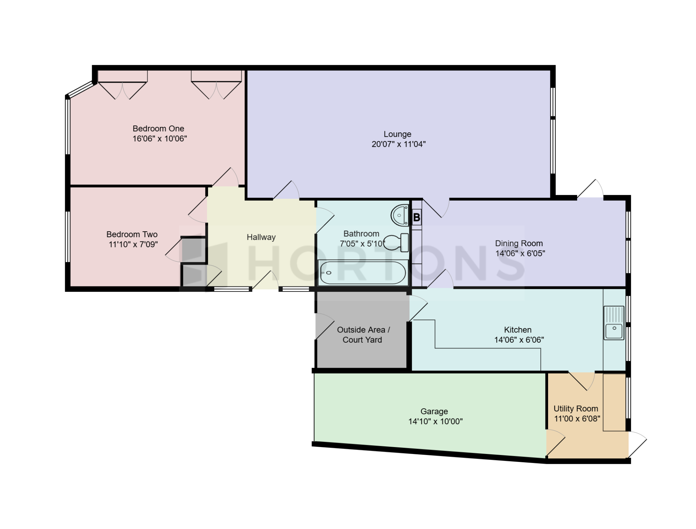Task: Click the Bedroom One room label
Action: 158,129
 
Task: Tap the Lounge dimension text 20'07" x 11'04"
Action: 398,144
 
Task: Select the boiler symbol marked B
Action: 417,218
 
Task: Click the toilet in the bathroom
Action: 396,243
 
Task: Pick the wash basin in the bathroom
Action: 400,215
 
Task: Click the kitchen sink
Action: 614,323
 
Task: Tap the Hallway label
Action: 261,237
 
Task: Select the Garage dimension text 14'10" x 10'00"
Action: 435,422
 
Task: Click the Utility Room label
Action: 576,409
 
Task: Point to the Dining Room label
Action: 519,243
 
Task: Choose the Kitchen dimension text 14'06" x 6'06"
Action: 519,340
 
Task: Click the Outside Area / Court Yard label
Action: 363,335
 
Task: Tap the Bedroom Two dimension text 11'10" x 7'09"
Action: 133,244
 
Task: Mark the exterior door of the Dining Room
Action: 590,189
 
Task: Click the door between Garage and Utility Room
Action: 556,443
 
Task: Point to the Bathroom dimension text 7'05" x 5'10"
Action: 362,244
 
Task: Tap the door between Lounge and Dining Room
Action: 436,208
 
